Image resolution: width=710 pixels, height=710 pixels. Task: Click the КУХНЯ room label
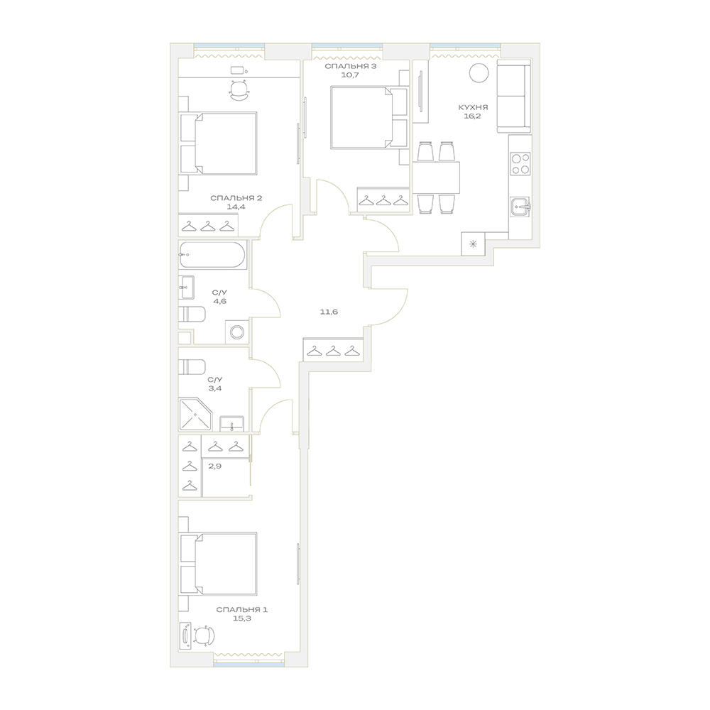(473, 108)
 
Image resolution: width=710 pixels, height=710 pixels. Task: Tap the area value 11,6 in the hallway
(329, 312)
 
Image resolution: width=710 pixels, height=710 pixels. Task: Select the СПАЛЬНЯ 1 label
(242, 609)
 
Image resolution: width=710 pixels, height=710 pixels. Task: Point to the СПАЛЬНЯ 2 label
(236, 198)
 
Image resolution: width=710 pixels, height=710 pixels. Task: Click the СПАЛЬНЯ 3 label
(351, 66)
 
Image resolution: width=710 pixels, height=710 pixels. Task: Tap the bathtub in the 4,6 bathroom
(212, 254)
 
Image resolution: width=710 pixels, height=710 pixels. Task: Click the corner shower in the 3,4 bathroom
(196, 415)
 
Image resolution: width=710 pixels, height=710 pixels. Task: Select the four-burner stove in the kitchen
(520, 164)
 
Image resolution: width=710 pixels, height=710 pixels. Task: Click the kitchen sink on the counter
(520, 206)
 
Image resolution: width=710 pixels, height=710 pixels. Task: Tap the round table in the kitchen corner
(479, 72)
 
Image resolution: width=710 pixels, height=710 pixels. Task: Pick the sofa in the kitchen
(514, 96)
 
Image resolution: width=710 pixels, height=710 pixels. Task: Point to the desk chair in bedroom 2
(239, 90)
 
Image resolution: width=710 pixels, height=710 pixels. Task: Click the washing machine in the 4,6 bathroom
(237, 332)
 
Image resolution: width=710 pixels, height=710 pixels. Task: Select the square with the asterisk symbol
(473, 244)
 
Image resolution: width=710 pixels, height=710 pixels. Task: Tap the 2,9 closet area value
(214, 466)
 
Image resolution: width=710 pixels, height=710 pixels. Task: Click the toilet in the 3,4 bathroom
(192, 367)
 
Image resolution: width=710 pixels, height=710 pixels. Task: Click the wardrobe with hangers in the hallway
(333, 349)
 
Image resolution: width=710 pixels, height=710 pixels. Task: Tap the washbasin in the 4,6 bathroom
(186, 287)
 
